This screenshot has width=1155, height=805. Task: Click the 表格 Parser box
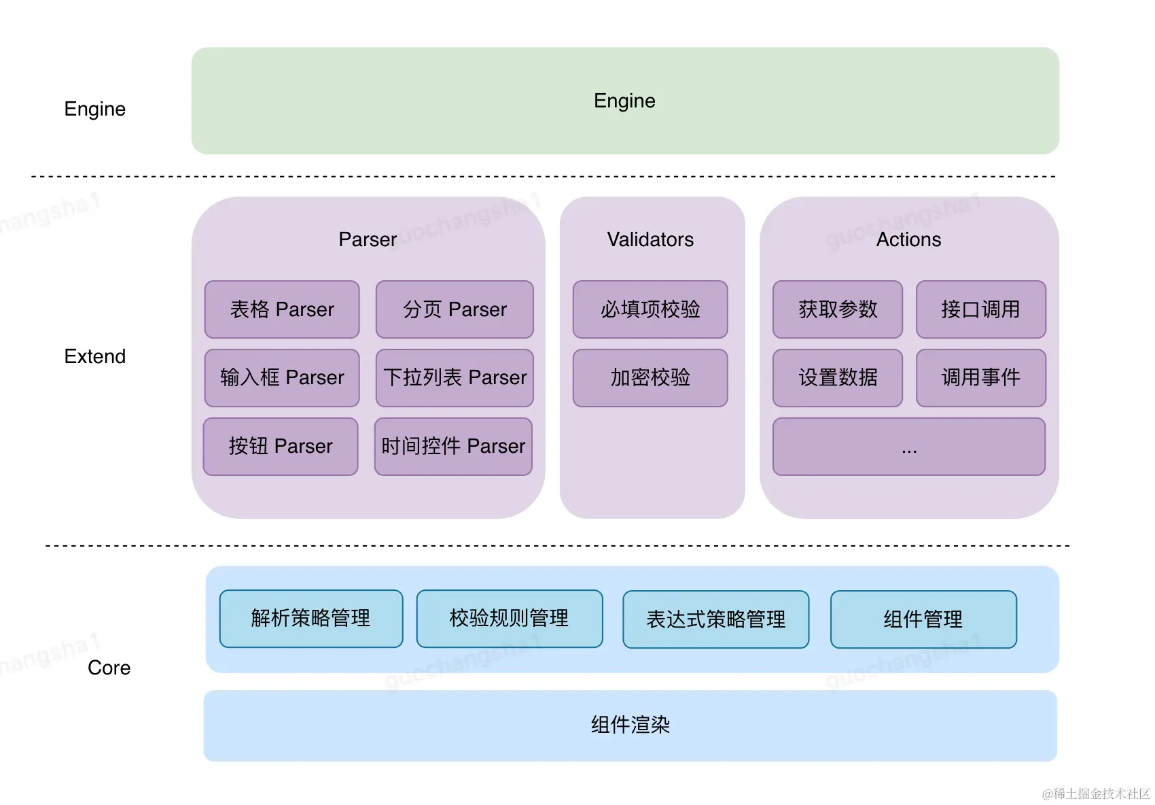tap(282, 309)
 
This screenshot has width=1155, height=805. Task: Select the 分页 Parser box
tap(455, 309)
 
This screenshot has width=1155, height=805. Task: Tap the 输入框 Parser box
tap(282, 378)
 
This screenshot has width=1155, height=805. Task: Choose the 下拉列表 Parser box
tap(455, 378)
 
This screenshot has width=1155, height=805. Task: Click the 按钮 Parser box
tap(281, 447)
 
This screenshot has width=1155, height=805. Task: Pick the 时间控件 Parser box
tap(453, 447)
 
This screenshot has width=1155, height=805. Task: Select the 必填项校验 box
tap(650, 309)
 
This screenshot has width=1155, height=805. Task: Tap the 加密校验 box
tap(650, 378)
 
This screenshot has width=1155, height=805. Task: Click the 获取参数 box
tap(837, 309)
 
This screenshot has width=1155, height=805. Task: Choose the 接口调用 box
tap(980, 309)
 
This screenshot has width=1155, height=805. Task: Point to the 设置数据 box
tap(837, 378)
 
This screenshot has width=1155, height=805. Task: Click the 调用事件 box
tap(980, 378)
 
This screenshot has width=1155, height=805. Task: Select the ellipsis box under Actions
tap(909, 447)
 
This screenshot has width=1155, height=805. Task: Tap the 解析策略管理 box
tap(311, 619)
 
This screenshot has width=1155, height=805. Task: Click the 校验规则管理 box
tap(510, 619)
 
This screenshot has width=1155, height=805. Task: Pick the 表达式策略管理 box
tap(715, 619)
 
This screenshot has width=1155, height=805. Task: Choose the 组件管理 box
tap(923, 619)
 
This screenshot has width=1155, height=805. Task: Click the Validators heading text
tap(650, 239)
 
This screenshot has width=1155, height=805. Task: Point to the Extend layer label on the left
tap(95, 356)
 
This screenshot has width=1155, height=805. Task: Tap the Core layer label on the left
tap(109, 668)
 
